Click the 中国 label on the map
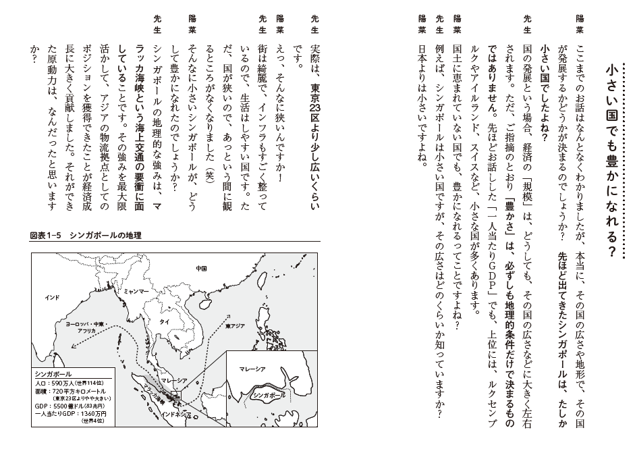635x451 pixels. point(200,268)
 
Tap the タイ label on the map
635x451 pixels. point(164,322)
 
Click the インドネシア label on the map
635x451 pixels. point(180,413)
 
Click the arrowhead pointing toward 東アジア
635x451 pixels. point(233,315)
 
